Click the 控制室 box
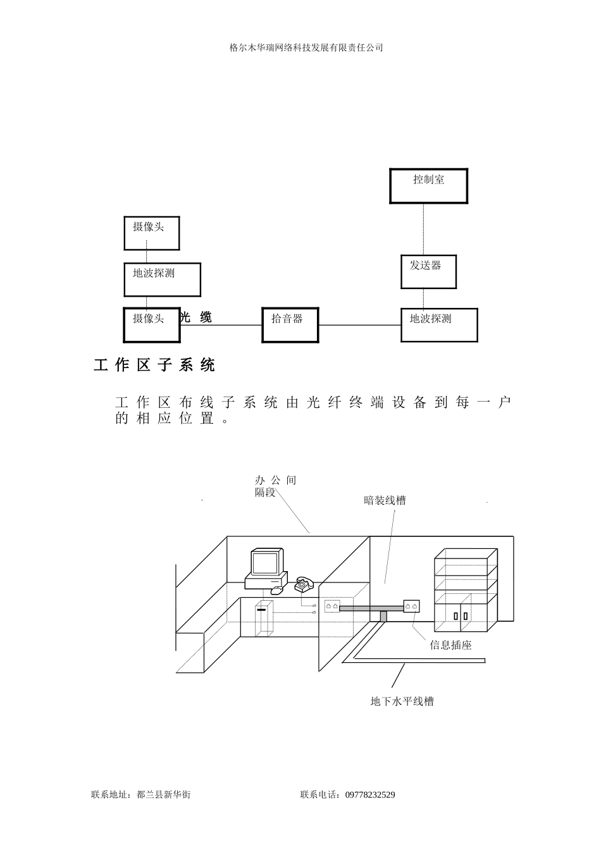tap(428, 186)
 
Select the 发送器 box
tap(428, 271)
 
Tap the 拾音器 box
tap(290, 325)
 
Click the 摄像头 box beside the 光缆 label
tap(151, 324)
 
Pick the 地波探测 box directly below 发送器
tap(439, 325)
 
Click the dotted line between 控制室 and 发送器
tap(424, 229)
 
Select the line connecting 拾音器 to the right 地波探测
tap(359, 325)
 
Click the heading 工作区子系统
tap(154, 366)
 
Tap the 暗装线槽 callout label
tap(385, 501)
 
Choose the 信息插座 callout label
tap(450, 645)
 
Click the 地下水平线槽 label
tap(402, 701)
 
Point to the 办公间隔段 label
tap(275, 486)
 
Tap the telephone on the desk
tap(304, 584)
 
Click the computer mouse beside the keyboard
tap(277, 590)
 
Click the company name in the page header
tap(306, 47)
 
